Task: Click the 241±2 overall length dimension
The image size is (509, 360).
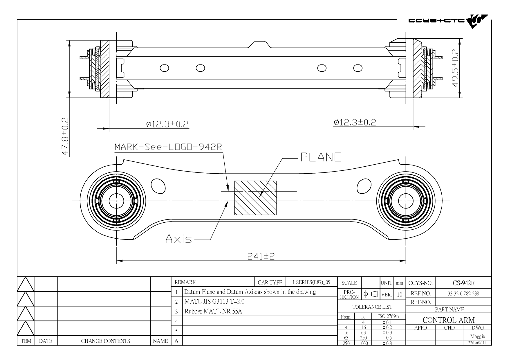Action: [x=261, y=256]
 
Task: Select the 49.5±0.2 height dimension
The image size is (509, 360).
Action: [x=455, y=68]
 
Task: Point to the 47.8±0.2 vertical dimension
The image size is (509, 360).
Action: [x=66, y=136]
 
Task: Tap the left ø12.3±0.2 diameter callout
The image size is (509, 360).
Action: [x=167, y=124]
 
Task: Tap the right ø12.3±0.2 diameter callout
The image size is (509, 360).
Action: [x=355, y=122]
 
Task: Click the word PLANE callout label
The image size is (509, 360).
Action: [x=320, y=157]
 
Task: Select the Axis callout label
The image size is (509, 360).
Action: [x=179, y=239]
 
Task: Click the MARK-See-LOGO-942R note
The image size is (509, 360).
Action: [x=168, y=147]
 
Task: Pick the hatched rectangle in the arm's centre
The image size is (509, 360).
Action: [x=255, y=198]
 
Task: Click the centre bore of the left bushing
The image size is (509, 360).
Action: [x=116, y=201]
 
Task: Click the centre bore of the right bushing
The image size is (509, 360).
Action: [x=406, y=201]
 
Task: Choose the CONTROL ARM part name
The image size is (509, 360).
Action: [x=449, y=320]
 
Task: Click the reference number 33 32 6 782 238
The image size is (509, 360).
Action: [x=463, y=294]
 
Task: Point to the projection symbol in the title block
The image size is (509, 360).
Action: [x=371, y=294]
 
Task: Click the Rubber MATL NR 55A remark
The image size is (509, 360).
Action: [x=213, y=312]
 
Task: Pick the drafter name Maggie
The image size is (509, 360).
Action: [x=477, y=336]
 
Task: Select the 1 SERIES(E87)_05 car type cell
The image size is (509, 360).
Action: [x=311, y=282]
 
